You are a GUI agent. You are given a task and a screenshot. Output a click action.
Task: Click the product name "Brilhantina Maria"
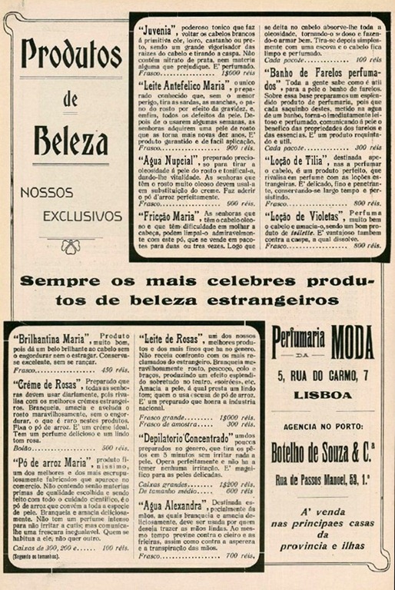click(x=50, y=339)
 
